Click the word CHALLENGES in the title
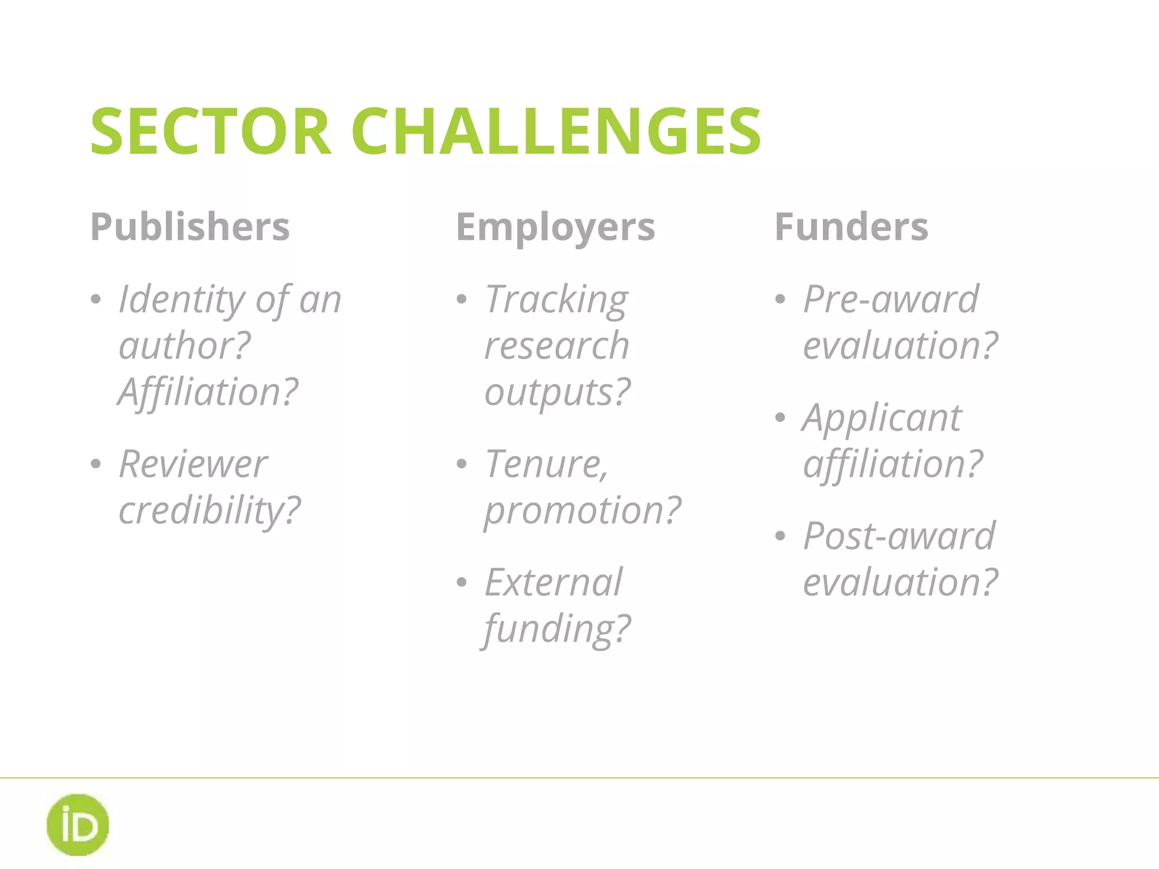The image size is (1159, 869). click(x=556, y=131)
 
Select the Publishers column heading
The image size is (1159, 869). click(x=190, y=227)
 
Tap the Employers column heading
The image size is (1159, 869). click(x=555, y=227)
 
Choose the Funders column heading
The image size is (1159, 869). click(x=851, y=227)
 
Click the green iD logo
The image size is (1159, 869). click(x=78, y=824)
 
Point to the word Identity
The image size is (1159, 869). click(x=182, y=299)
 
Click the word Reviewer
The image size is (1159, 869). click(x=192, y=464)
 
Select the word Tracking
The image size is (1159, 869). click(x=556, y=299)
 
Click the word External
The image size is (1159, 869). click(x=553, y=582)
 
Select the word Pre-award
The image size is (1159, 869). click(x=891, y=299)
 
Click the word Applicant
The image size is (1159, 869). click(x=882, y=418)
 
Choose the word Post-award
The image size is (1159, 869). click(x=899, y=536)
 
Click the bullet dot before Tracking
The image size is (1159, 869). click(x=462, y=299)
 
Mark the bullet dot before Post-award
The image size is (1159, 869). click(x=780, y=536)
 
